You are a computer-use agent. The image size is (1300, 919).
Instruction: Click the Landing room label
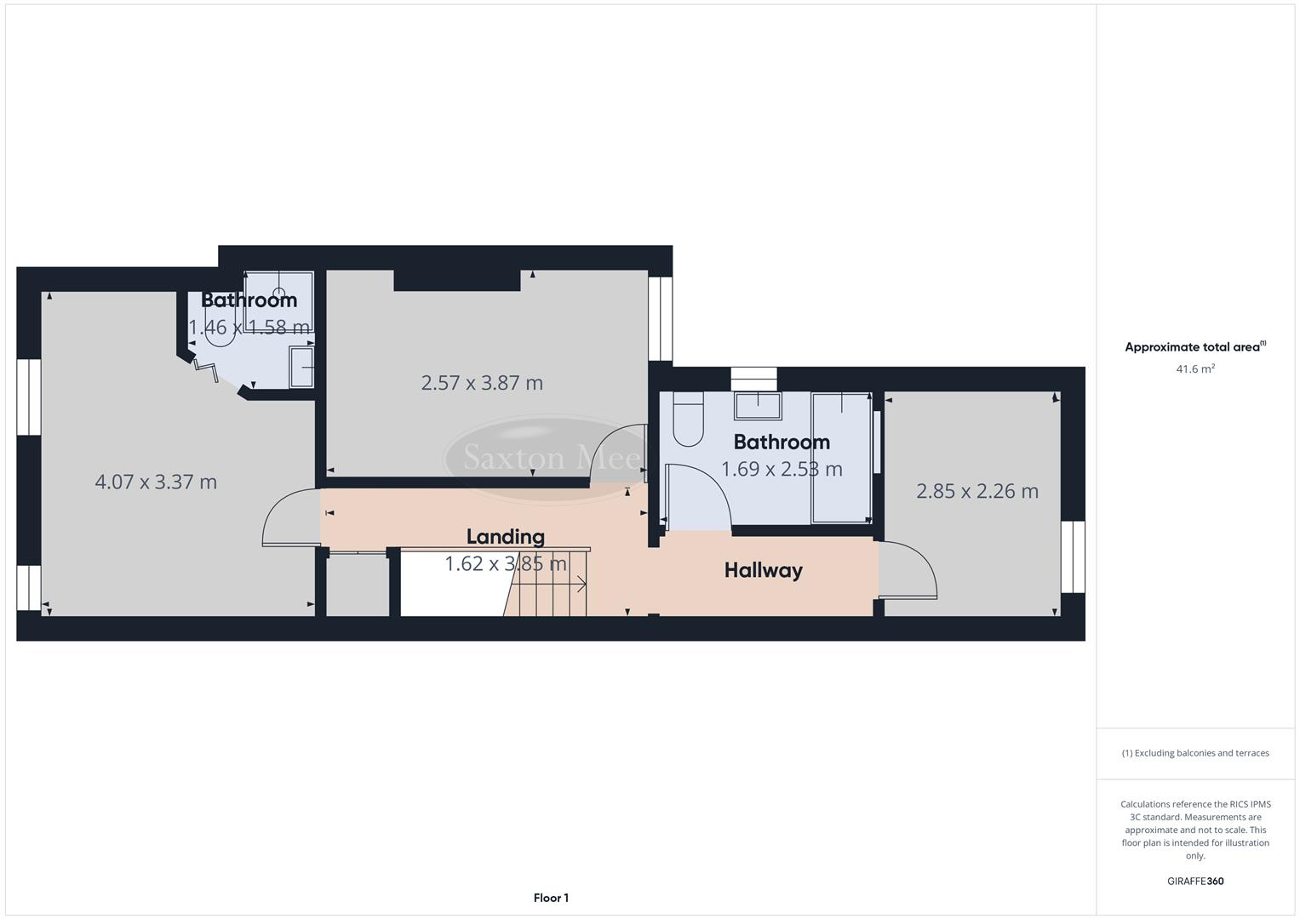(505, 537)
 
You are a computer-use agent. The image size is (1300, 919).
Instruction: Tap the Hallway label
(763, 570)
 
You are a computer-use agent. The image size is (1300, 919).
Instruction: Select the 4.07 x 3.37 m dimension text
(156, 482)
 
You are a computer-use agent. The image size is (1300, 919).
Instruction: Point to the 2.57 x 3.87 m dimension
(482, 383)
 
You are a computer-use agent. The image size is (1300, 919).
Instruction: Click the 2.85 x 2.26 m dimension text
(977, 491)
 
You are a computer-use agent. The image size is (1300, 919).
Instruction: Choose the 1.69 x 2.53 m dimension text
(782, 469)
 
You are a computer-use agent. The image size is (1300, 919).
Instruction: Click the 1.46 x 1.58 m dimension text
(249, 328)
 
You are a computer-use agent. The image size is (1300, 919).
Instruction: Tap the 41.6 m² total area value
(1194, 369)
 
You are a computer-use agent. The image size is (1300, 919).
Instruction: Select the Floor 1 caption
(551, 898)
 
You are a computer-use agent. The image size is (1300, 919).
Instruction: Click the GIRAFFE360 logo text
(1194, 882)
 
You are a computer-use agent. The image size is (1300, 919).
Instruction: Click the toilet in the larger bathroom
(688, 420)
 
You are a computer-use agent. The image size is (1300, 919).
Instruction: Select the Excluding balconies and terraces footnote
(1194, 753)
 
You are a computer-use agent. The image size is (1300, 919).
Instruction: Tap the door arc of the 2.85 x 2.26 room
(909, 570)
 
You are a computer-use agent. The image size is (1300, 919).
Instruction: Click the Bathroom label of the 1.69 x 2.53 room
(782, 442)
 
